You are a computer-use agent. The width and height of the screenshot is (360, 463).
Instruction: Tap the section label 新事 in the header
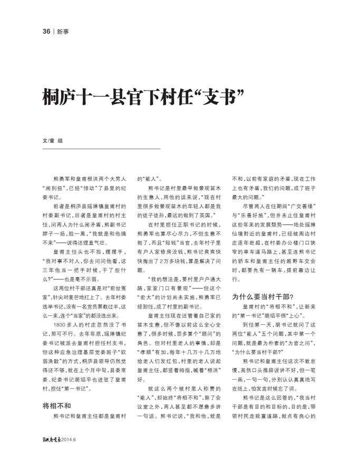(x=62, y=32)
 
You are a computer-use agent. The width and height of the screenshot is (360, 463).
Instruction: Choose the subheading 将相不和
(x=56, y=406)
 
